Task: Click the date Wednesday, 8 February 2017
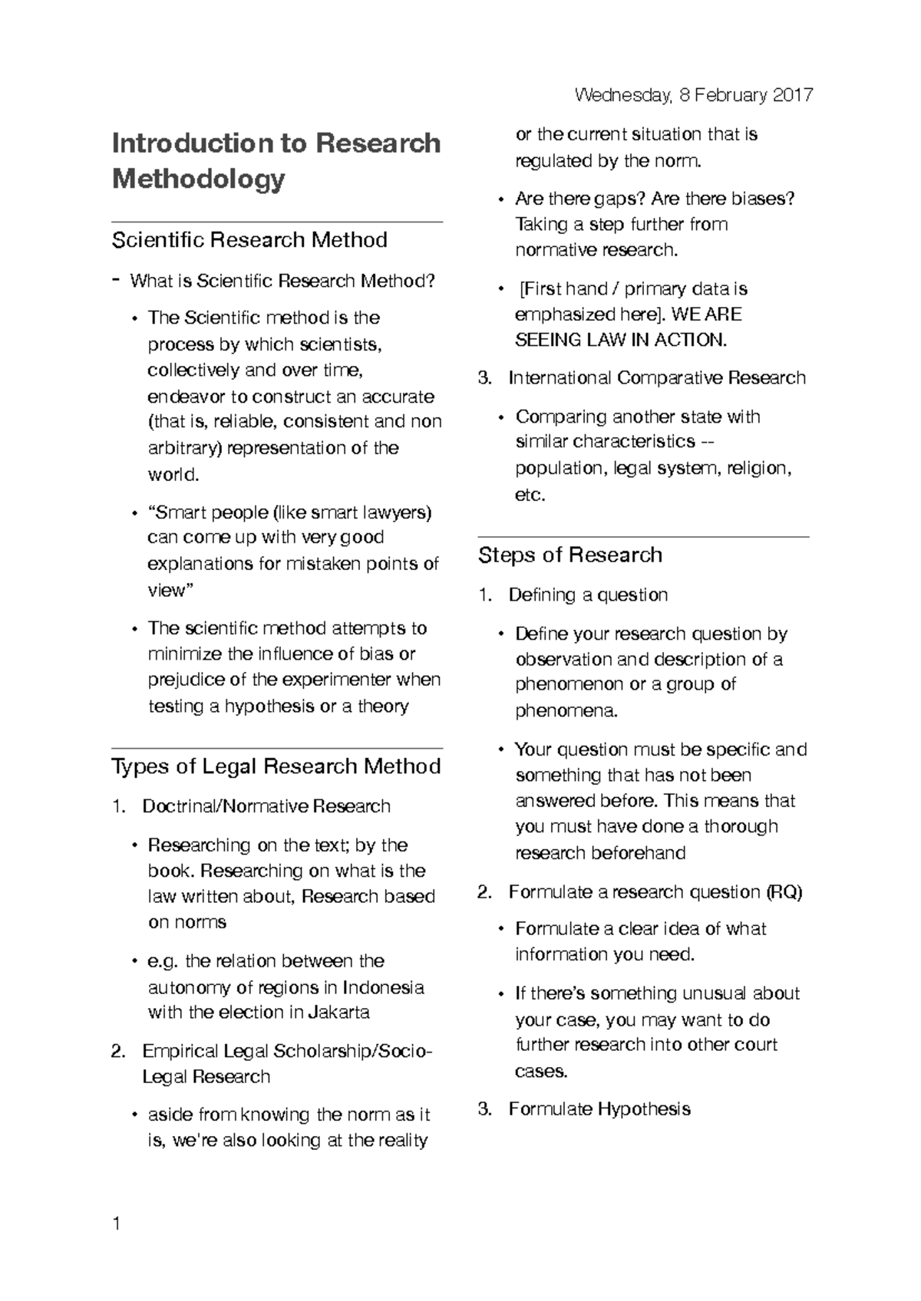pyautogui.click(x=693, y=95)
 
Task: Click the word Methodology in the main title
pyautogui.click(x=198, y=180)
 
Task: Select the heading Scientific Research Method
pyautogui.click(x=249, y=240)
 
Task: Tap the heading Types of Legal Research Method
pyautogui.click(x=276, y=766)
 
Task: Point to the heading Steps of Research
pyautogui.click(x=569, y=555)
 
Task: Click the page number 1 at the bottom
pyautogui.click(x=116, y=1224)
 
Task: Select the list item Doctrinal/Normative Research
pyautogui.click(x=266, y=806)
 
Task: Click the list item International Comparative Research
pyautogui.click(x=656, y=378)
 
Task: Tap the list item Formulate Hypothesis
pyautogui.click(x=599, y=1109)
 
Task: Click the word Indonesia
pyautogui.click(x=383, y=987)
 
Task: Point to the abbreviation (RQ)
pyautogui.click(x=783, y=892)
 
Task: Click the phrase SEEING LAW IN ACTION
pyautogui.click(x=620, y=341)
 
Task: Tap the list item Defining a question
pyautogui.click(x=587, y=595)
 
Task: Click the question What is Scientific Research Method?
pyautogui.click(x=282, y=282)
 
